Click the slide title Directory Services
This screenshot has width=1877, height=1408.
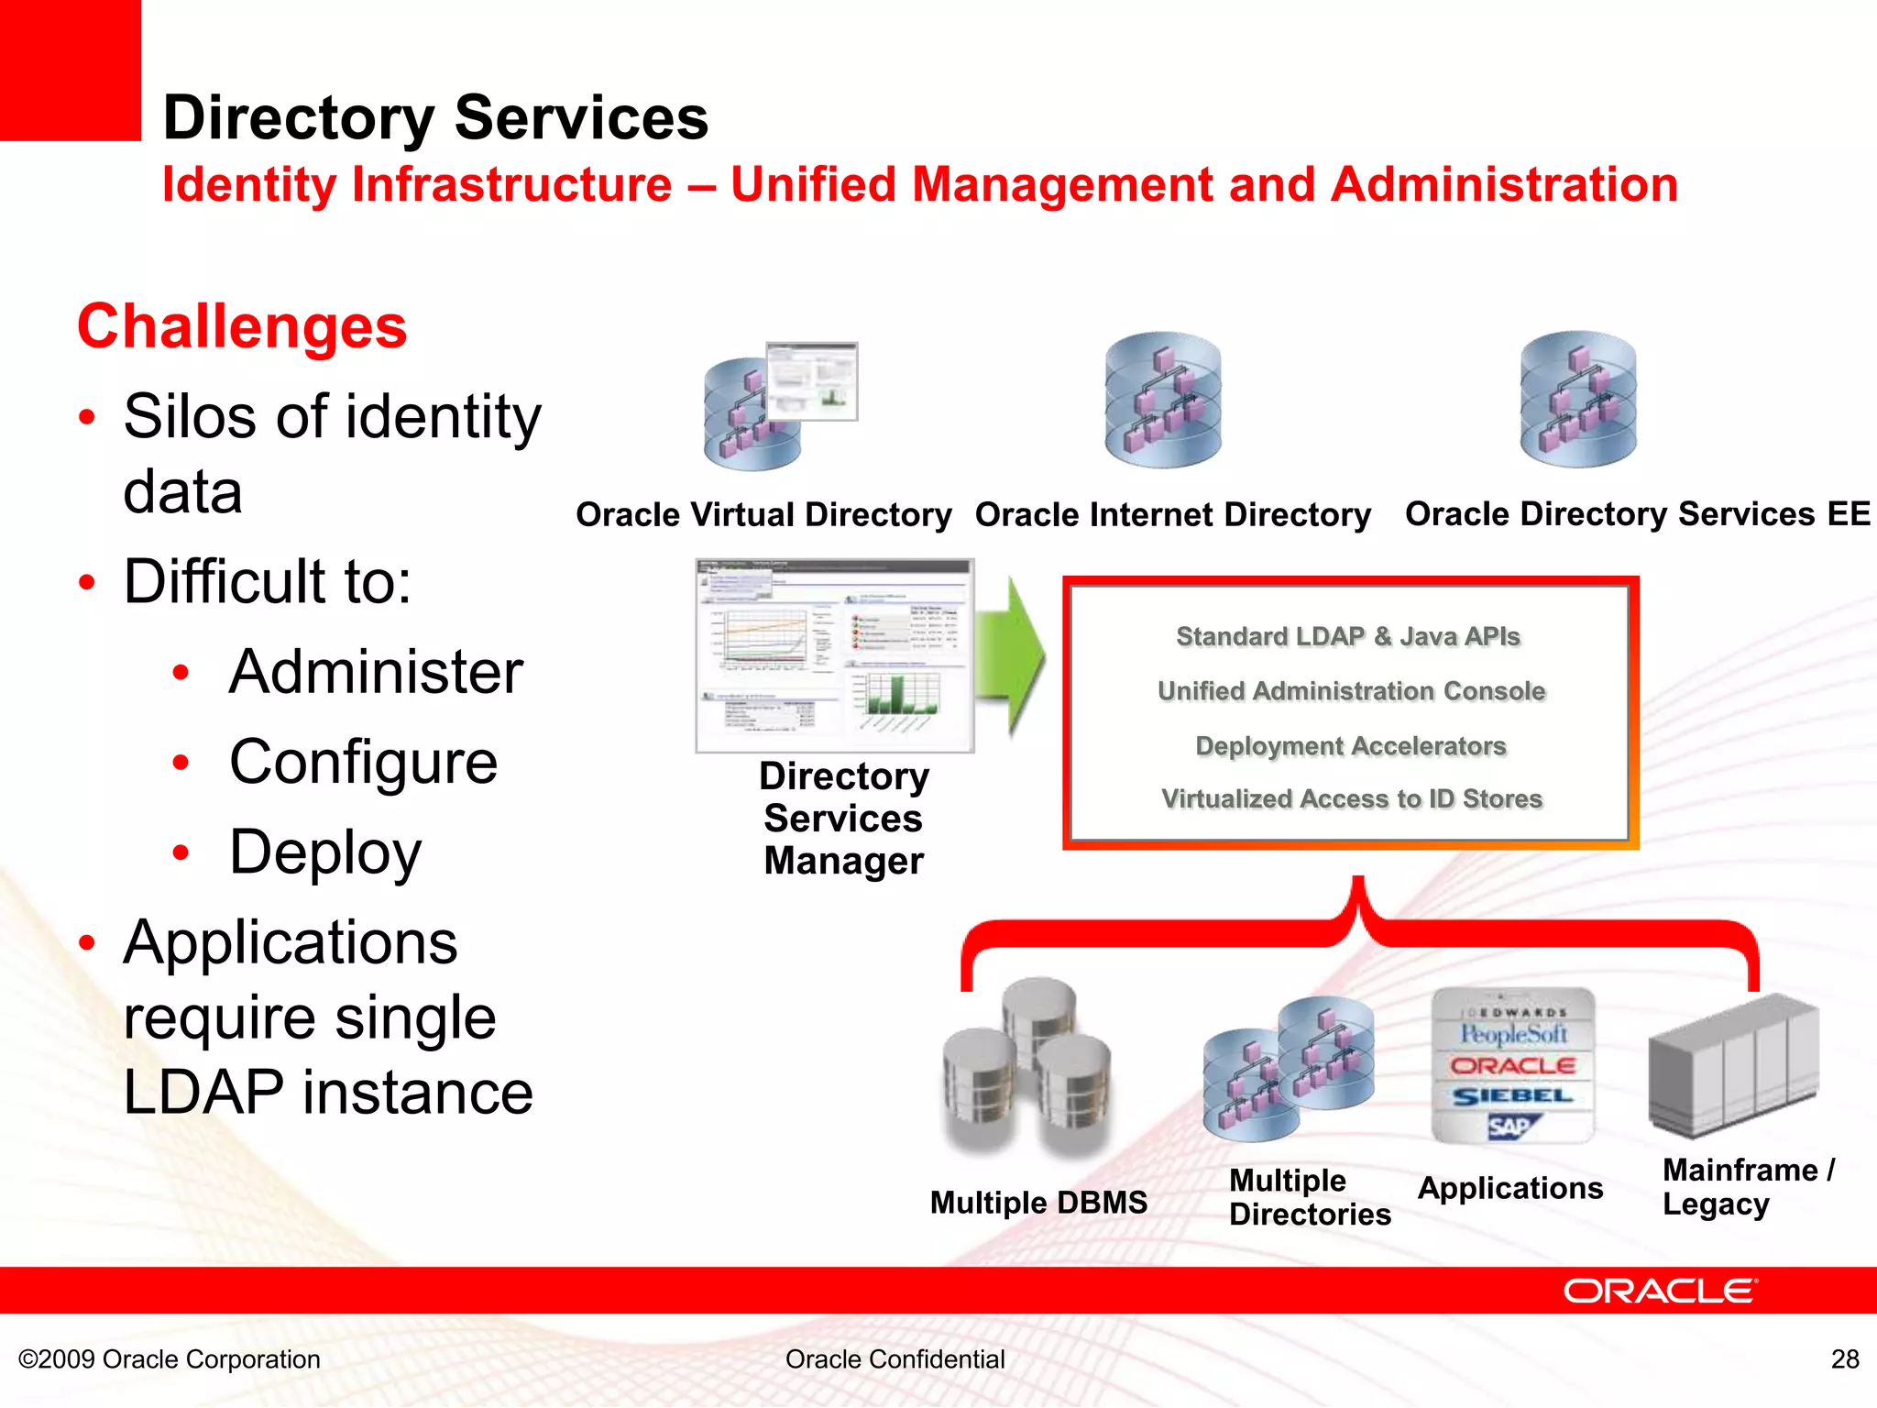[x=435, y=118]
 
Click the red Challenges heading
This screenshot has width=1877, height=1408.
[x=242, y=327]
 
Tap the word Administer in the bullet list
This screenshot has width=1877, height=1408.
[x=376, y=672]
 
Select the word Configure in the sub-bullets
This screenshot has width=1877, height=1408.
[x=363, y=762]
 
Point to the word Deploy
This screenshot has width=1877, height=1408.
[x=325, y=852]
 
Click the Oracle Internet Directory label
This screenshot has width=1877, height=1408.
[x=1172, y=514]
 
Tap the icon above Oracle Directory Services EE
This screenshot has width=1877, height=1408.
[x=1577, y=400]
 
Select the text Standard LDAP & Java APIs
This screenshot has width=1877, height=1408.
[x=1348, y=636]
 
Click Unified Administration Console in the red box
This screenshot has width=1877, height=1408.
[x=1351, y=691]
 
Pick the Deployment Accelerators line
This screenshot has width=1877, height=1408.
[x=1351, y=746]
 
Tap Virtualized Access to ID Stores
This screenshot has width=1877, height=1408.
[x=1352, y=799]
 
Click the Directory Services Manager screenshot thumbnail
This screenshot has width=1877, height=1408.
[x=834, y=656]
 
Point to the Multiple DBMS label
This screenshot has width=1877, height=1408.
[x=1038, y=1203]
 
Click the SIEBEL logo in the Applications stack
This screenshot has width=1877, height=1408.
[x=1512, y=1096]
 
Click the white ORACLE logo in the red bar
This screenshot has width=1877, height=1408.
[x=1660, y=1291]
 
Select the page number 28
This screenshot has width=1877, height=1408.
[x=1844, y=1358]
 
